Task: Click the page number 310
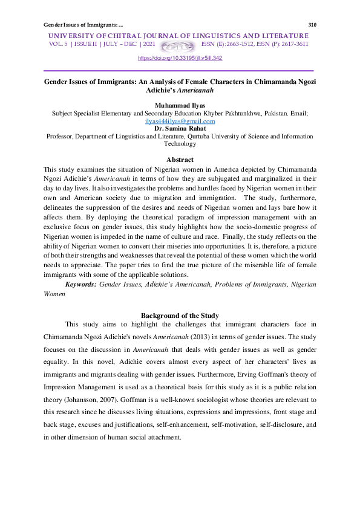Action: coord(312,25)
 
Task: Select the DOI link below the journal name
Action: coord(180,58)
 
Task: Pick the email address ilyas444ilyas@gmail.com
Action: coord(180,121)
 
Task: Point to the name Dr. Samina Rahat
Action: coord(180,129)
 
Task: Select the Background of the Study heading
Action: coord(180,316)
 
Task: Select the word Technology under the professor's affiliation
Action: coord(180,144)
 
